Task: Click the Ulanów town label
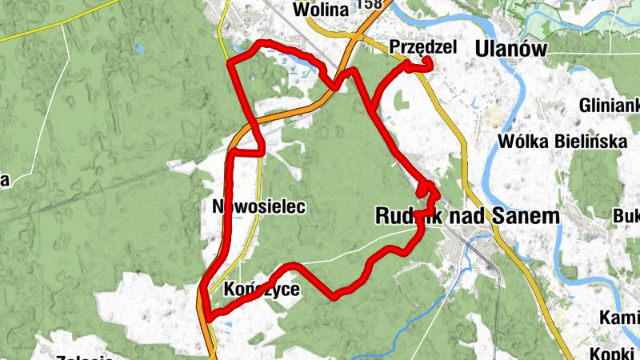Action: (510, 49)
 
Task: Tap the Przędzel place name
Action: (422, 47)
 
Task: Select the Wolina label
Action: (321, 10)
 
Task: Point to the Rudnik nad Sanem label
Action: (467, 216)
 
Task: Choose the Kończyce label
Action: (262, 290)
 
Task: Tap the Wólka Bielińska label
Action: (560, 142)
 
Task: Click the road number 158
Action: (370, 5)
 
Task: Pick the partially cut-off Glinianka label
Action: (611, 106)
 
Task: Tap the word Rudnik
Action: (408, 216)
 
